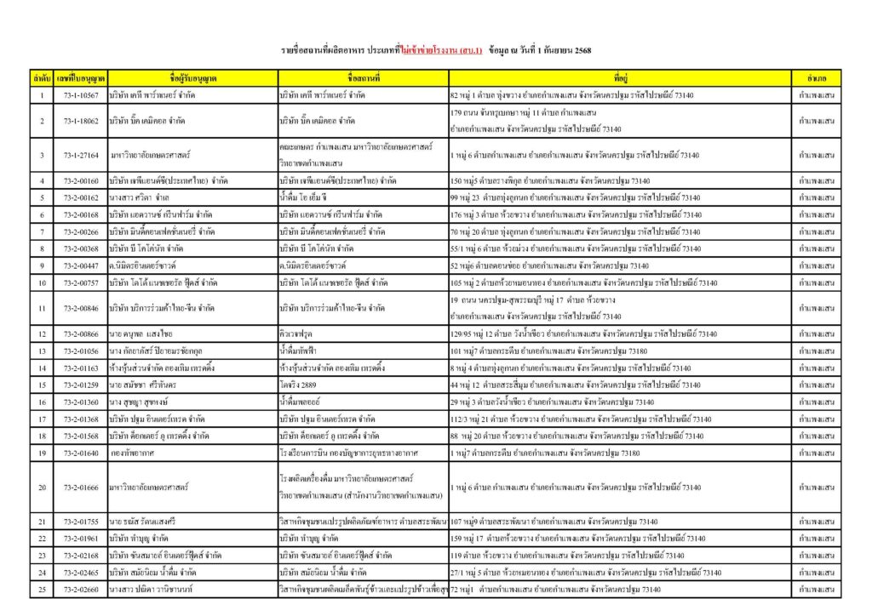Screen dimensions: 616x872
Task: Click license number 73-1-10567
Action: pos(80,96)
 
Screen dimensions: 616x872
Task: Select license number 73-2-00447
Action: pos(80,265)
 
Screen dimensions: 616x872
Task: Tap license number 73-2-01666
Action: pos(80,487)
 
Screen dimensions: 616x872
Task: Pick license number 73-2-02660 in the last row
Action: pos(80,589)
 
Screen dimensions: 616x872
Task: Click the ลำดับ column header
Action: pos(41,78)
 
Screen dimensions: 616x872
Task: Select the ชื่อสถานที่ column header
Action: pos(363,78)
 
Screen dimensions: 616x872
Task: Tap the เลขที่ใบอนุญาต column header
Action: pos(80,78)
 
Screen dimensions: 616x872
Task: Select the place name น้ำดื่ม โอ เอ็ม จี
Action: pos(308,197)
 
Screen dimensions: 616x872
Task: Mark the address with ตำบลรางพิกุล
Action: pos(545,180)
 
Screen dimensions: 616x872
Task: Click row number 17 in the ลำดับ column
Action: pos(41,419)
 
